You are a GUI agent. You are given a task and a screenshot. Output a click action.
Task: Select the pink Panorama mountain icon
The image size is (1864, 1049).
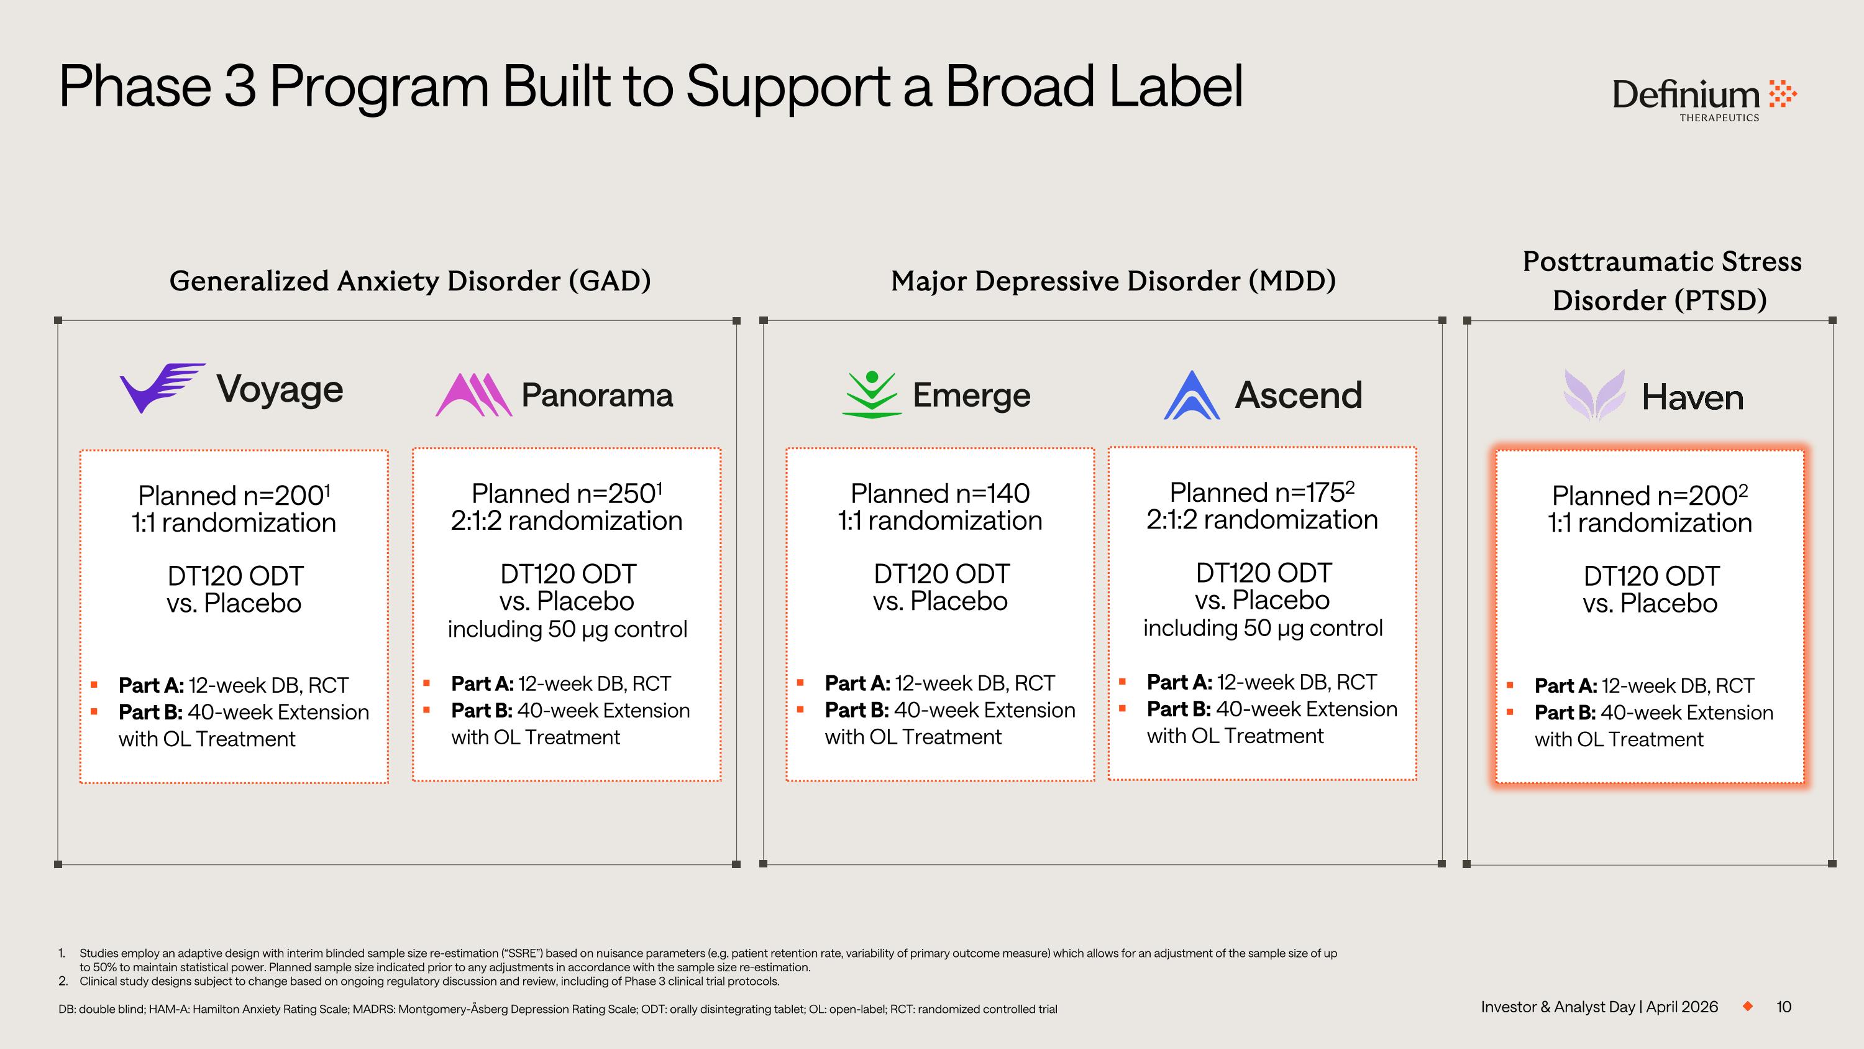click(x=474, y=395)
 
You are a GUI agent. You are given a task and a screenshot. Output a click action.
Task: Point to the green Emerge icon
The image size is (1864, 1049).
click(x=872, y=395)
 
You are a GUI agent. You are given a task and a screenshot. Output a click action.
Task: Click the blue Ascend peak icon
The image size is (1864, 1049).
click(x=1192, y=395)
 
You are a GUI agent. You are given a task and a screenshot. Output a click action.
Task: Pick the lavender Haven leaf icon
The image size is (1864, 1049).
click(x=1594, y=395)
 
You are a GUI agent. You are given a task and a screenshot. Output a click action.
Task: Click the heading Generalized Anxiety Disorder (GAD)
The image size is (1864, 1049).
click(x=409, y=281)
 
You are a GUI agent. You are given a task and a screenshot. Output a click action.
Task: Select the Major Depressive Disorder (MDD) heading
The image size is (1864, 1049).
click(x=1113, y=281)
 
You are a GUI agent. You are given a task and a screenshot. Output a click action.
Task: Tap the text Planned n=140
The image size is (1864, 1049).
click(x=939, y=494)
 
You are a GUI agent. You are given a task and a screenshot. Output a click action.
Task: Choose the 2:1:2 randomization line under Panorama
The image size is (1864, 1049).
click(x=566, y=520)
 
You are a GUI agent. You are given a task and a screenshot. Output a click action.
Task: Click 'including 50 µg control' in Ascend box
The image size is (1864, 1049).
click(x=1262, y=627)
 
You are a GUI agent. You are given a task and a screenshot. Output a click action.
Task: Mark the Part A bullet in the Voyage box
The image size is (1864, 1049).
click(x=94, y=685)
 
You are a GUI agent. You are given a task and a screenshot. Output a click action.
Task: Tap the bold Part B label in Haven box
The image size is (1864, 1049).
click(x=1565, y=713)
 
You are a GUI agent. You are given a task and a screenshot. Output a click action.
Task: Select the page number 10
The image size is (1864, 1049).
click(x=1784, y=1007)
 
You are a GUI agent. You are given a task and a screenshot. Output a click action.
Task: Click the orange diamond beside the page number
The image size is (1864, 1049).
click(x=1747, y=1006)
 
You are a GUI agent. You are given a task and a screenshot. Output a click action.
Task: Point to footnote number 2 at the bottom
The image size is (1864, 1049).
click(x=63, y=982)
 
